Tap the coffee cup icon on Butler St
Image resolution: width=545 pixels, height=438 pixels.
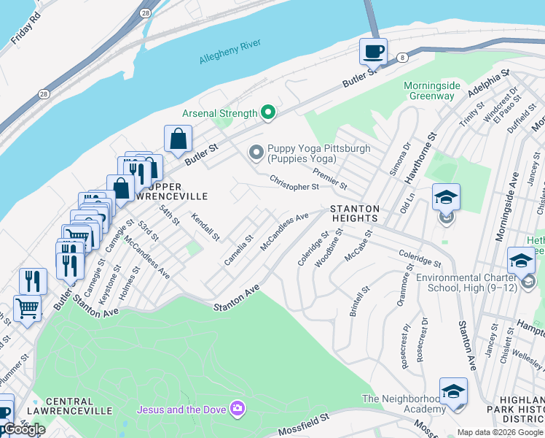(x=373, y=53)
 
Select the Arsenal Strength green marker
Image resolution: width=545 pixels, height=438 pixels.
(x=268, y=112)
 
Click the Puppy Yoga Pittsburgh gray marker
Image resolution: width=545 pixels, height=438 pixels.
(x=256, y=153)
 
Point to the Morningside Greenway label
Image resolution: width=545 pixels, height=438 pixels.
(x=432, y=91)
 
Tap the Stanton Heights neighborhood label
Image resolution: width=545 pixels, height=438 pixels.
(x=355, y=213)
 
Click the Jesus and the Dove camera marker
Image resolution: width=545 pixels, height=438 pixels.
(x=237, y=407)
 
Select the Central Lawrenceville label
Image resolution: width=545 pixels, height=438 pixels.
(x=79, y=406)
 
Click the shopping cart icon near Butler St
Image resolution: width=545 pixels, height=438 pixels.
(x=27, y=309)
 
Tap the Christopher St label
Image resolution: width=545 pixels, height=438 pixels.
(x=294, y=182)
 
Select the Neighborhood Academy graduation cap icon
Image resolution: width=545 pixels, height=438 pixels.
(x=453, y=391)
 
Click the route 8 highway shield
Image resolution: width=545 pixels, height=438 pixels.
(x=401, y=56)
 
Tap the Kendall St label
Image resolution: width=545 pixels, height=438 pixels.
(x=205, y=227)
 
